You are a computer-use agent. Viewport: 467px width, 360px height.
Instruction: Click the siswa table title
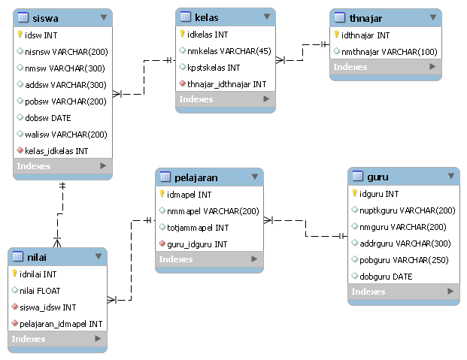pos(44,17)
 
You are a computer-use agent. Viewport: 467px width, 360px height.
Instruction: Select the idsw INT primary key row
pos(41,35)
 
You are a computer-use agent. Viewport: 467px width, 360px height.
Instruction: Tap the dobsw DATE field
pos(48,117)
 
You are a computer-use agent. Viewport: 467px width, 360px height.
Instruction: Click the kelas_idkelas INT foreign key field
pos(56,150)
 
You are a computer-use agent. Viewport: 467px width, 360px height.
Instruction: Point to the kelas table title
pos(206,16)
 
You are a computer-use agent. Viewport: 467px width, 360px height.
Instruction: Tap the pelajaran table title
pos(196,177)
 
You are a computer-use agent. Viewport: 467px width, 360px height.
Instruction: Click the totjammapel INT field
pos(198,227)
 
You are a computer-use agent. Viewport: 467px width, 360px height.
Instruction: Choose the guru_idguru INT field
pos(197,244)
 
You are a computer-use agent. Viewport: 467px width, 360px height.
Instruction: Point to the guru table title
pos(378,177)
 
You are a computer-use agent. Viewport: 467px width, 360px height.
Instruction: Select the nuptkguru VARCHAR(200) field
pos(403,210)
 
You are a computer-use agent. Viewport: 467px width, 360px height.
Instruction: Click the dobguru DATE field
pos(391,276)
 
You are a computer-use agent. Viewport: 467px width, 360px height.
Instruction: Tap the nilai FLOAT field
pos(40,290)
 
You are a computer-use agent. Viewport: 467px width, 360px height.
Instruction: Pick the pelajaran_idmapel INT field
pos(61,323)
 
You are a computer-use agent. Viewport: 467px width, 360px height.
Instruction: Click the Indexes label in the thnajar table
pos(350,67)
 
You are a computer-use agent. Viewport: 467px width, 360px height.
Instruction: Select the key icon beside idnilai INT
pos(14,274)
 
